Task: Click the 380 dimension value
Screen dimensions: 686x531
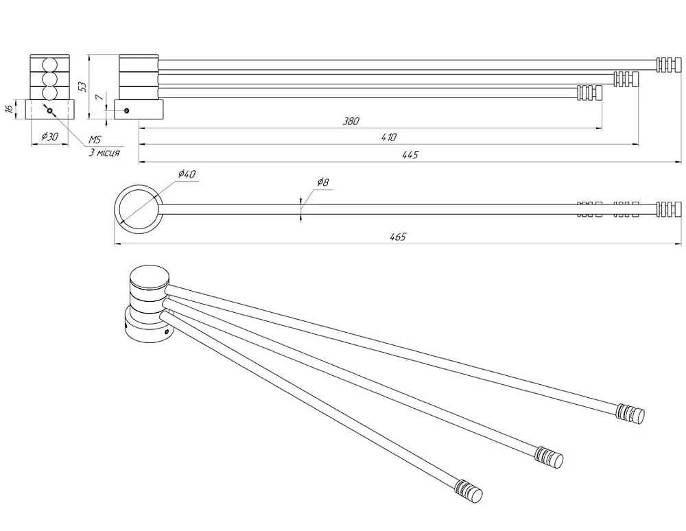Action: [351, 121]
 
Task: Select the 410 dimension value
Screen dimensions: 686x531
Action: [388, 137]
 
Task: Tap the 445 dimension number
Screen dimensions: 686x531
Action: [410, 154]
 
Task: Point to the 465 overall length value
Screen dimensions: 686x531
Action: [398, 237]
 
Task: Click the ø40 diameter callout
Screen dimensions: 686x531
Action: [187, 174]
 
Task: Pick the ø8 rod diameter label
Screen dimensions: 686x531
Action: [322, 182]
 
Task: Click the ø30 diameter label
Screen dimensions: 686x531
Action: [50, 137]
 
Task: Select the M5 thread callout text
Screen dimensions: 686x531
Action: [95, 139]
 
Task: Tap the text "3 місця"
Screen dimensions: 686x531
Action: [104, 153]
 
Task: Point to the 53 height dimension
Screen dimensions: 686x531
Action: [82, 86]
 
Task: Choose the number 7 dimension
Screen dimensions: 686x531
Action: [99, 97]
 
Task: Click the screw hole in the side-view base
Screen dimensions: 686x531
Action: [126, 110]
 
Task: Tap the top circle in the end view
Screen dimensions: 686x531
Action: [50, 64]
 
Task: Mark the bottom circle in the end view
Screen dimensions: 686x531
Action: [50, 93]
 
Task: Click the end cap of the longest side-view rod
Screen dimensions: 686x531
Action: [669, 64]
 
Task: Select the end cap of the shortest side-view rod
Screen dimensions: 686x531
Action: [590, 93]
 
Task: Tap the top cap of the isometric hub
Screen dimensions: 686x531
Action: [150, 276]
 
